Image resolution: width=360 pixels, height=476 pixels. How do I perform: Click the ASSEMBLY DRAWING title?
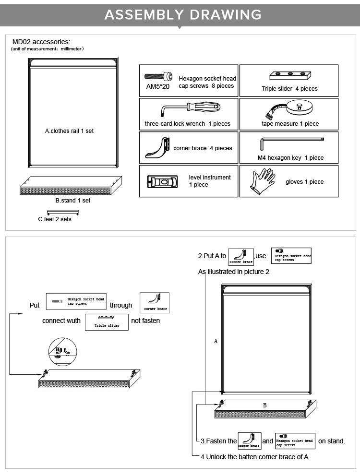click(x=183, y=14)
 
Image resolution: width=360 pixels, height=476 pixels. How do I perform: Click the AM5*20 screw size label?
click(x=158, y=87)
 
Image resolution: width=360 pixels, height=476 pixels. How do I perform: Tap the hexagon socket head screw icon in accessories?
click(x=158, y=76)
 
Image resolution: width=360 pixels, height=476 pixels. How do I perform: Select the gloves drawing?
click(x=263, y=181)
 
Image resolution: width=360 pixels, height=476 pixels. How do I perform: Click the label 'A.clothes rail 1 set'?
click(x=70, y=131)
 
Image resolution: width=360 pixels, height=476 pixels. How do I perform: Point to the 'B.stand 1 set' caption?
click(x=73, y=201)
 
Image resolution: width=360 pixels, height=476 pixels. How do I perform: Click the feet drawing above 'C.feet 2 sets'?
click(x=62, y=212)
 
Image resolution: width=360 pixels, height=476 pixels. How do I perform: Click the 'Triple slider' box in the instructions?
click(x=107, y=322)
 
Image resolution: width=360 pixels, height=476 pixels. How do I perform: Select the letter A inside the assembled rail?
click(x=216, y=341)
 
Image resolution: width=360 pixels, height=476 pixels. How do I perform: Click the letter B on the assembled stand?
click(x=264, y=405)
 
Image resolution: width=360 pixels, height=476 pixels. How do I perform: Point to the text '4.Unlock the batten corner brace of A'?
click(x=254, y=457)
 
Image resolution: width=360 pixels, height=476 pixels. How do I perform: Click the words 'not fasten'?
click(x=145, y=321)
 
